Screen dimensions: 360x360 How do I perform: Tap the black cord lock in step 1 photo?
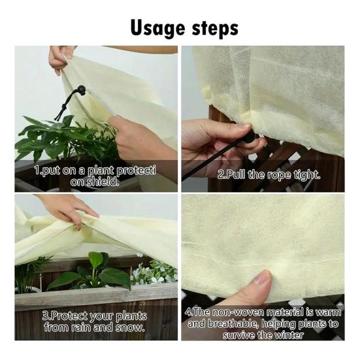[81, 90]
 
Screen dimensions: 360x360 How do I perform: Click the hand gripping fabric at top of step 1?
[61, 57]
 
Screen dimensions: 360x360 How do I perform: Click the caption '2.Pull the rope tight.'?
[269, 175]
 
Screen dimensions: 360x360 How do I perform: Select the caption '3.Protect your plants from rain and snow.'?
[95, 320]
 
